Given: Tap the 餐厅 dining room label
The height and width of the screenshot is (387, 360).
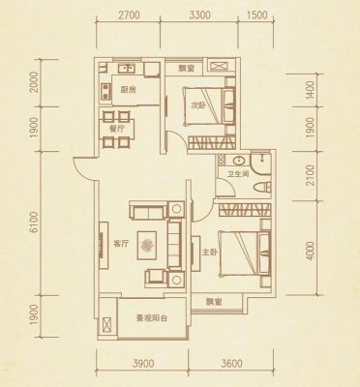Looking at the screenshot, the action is click(x=116, y=129).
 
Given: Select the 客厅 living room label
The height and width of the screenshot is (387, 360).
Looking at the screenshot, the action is click(x=120, y=244).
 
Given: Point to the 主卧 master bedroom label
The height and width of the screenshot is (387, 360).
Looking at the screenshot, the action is click(x=209, y=252).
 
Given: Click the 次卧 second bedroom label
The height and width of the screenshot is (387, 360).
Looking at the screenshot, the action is click(x=197, y=104).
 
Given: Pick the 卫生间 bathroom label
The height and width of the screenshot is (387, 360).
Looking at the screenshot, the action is click(x=238, y=174).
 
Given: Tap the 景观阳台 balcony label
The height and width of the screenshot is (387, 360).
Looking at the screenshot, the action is click(x=152, y=318).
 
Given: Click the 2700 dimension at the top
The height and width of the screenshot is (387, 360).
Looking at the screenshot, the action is click(x=129, y=15).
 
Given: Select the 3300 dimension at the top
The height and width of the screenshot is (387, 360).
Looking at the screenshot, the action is click(x=200, y=15).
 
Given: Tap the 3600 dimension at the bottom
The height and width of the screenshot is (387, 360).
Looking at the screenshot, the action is click(x=232, y=364).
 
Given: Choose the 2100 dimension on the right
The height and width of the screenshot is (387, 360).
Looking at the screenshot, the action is click(x=310, y=175).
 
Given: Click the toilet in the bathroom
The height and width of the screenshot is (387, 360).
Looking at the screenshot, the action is click(x=262, y=188).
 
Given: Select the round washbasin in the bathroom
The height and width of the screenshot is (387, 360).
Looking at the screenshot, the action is click(x=239, y=160).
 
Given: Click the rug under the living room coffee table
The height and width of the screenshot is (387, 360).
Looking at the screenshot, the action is click(x=147, y=245).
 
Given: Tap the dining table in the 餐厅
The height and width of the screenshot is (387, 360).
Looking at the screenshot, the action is click(x=117, y=129).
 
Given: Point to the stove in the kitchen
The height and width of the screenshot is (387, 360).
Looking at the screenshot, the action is click(x=105, y=91).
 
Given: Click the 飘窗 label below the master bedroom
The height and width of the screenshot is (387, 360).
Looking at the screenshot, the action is click(x=214, y=302).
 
